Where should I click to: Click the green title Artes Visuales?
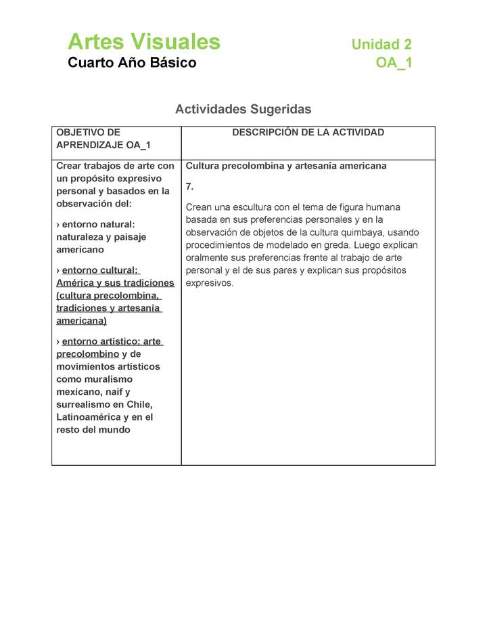tap(144, 42)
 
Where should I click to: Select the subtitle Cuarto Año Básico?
tap(132, 63)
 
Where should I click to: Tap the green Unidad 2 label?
tap(381, 45)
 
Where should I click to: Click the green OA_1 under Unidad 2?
tap(394, 64)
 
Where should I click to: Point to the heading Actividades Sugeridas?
tap(243, 109)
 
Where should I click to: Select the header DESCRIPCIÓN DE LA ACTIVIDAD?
tap(308, 133)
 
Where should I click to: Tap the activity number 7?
tap(189, 186)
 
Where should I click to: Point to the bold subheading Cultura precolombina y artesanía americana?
tap(286, 166)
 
